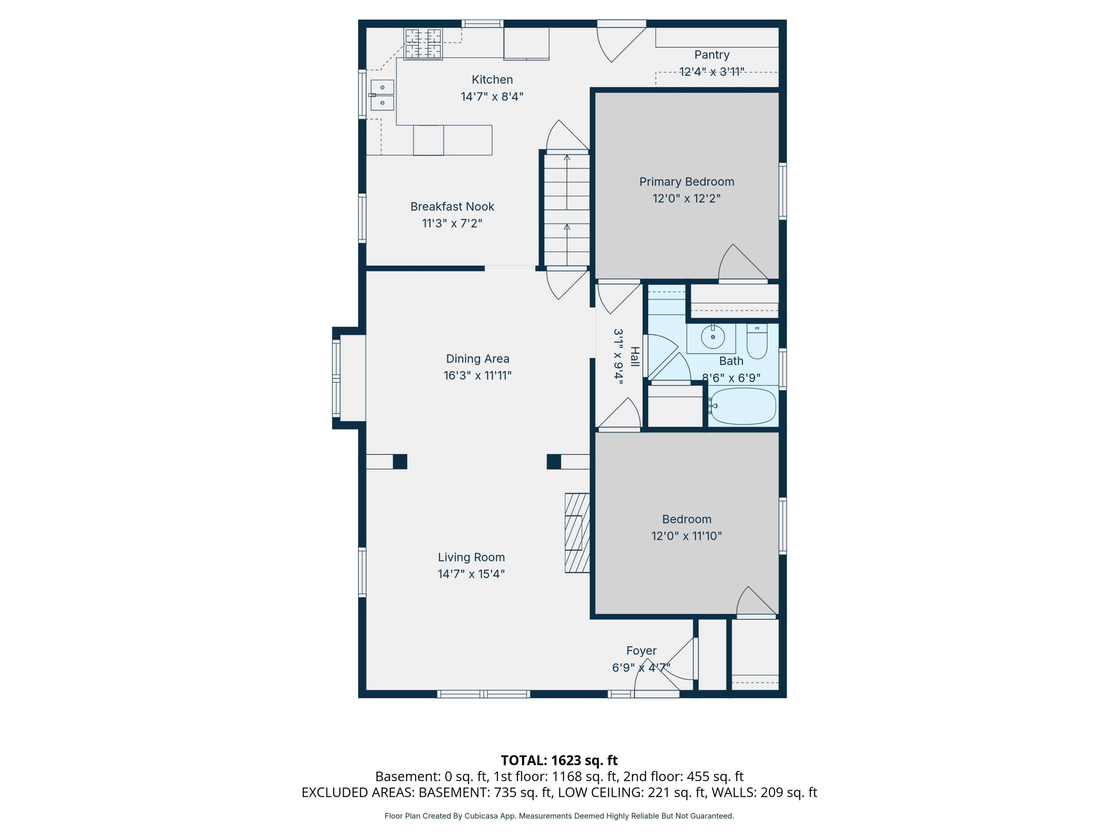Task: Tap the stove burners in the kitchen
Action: pyautogui.click(x=423, y=44)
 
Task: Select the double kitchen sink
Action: pyautogui.click(x=382, y=95)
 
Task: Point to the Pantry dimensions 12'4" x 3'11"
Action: pyautogui.click(x=711, y=72)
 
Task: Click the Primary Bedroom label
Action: pyautogui.click(x=686, y=182)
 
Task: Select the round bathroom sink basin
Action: pyautogui.click(x=713, y=337)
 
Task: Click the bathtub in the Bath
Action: pyautogui.click(x=743, y=406)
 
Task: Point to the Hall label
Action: pyautogui.click(x=634, y=356)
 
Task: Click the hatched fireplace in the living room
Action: pyautogui.click(x=577, y=532)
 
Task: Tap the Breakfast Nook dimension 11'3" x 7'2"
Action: pyautogui.click(x=452, y=223)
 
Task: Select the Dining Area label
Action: pyautogui.click(x=477, y=359)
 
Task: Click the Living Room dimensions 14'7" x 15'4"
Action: pyautogui.click(x=471, y=574)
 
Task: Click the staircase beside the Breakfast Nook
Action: pyautogui.click(x=567, y=210)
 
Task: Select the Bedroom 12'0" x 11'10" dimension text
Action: pyautogui.click(x=686, y=536)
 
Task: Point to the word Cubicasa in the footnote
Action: pyautogui.click(x=480, y=816)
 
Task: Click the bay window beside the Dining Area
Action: pyautogui.click(x=337, y=378)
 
